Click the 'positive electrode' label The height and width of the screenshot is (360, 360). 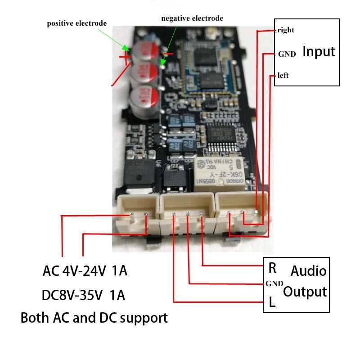click(77, 23)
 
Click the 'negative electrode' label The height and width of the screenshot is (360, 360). click(192, 18)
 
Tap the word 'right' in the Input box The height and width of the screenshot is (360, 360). click(286, 30)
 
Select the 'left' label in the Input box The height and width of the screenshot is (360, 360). click(283, 75)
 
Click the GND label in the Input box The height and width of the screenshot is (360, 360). click(287, 54)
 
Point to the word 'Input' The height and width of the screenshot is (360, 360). click(319, 51)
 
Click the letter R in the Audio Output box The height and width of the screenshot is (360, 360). click(272, 268)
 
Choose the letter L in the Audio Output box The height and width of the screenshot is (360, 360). click(272, 302)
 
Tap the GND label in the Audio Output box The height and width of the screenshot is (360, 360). click(274, 283)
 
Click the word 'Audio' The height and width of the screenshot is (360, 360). click(308, 271)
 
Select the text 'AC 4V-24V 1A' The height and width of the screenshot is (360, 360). click(85, 271)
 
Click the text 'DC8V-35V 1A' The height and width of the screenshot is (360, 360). click(83, 295)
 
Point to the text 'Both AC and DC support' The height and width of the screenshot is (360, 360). click(94, 318)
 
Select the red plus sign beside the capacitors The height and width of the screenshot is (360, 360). click(125, 57)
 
